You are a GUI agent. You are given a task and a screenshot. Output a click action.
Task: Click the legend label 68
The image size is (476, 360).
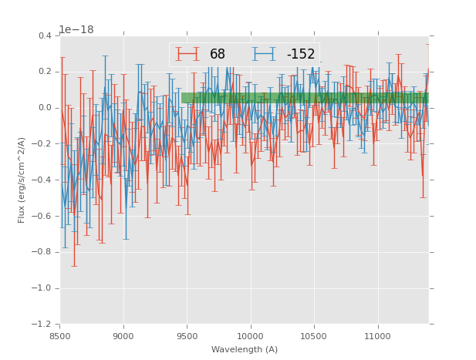(218, 54)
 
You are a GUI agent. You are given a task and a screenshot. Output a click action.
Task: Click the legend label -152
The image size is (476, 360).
(301, 54)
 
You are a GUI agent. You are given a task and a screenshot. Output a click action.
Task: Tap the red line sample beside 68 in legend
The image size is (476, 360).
(187, 54)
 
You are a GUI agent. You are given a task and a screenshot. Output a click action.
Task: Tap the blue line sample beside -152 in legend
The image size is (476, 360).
(264, 54)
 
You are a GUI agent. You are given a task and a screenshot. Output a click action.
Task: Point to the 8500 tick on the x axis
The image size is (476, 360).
(60, 336)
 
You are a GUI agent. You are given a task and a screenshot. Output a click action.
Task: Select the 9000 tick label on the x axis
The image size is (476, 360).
(123, 336)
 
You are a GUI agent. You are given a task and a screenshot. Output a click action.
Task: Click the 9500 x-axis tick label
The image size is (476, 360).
(187, 336)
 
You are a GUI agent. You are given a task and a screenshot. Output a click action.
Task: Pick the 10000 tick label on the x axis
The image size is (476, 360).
(250, 336)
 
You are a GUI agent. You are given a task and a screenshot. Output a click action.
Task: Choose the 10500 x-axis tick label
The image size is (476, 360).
(314, 336)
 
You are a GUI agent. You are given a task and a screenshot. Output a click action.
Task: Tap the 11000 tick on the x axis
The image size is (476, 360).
(377, 336)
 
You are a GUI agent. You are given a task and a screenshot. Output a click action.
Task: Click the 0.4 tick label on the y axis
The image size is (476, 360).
(45, 35)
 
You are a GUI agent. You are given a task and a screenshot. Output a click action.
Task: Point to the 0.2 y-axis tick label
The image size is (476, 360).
(45, 72)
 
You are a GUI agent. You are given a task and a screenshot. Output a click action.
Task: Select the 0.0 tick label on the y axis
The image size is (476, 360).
(45, 108)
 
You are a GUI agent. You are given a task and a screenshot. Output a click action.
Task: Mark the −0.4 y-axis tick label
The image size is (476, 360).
(42, 180)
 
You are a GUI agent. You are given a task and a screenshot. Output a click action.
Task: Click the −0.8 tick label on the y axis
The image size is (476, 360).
(42, 252)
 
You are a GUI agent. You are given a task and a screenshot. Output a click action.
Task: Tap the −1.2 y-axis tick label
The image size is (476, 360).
(42, 325)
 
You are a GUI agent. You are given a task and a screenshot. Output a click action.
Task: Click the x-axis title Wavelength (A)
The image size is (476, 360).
(245, 349)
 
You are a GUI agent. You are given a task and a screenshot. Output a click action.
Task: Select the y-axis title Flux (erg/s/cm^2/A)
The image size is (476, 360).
(22, 180)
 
